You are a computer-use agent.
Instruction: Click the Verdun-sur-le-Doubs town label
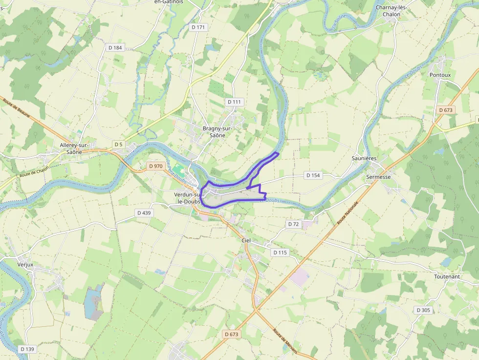(x=188, y=197)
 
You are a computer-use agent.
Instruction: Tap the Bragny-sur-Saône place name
(x=218, y=132)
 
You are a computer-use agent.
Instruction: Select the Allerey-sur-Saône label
(x=73, y=148)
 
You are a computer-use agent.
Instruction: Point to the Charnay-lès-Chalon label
(x=394, y=11)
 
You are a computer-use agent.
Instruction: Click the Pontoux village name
(x=440, y=75)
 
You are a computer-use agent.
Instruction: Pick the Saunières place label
(x=364, y=159)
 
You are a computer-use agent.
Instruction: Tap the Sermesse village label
(x=379, y=177)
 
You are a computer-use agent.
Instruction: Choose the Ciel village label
(x=246, y=240)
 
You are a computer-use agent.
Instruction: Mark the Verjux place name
(x=24, y=264)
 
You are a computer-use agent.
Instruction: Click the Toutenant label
(x=447, y=276)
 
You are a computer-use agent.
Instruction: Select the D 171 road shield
(x=198, y=27)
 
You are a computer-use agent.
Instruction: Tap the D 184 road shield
(x=115, y=47)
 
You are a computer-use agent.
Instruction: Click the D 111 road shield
(x=235, y=102)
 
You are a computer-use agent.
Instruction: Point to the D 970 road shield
(x=155, y=166)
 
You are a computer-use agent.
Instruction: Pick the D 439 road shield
(x=144, y=212)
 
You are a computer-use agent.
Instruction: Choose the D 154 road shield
(x=313, y=175)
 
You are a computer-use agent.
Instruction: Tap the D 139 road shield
(x=27, y=349)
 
